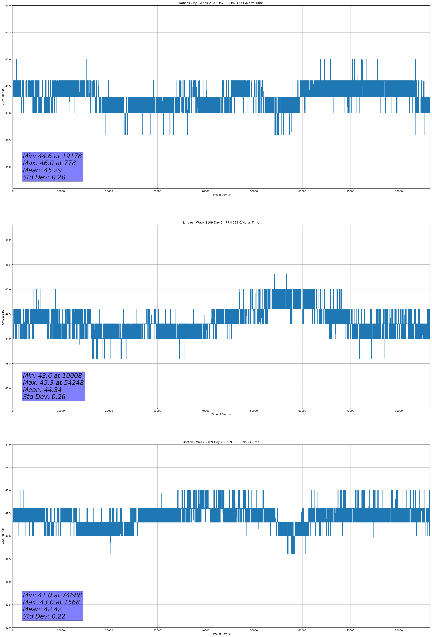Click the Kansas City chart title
tap(221, 3)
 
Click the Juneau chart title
tap(221, 223)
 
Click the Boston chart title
tap(221, 442)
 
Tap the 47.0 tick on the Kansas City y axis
tap(8, 6)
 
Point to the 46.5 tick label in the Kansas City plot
tap(8, 32)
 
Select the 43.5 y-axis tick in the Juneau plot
tap(8, 363)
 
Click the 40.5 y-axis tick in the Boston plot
tap(8, 605)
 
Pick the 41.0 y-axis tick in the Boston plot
tap(8, 582)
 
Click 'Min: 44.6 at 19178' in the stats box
tap(52, 156)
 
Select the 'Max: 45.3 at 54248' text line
tap(53, 383)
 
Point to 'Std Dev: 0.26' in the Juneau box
tap(44, 397)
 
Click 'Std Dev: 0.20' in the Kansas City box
tap(44, 177)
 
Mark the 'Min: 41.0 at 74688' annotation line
tap(52, 595)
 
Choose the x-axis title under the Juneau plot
tap(221, 414)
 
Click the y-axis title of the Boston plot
tap(3, 536)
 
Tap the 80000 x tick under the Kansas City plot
tap(399, 191)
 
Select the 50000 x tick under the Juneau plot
tap(254, 411)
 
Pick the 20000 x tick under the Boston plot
tap(109, 630)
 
